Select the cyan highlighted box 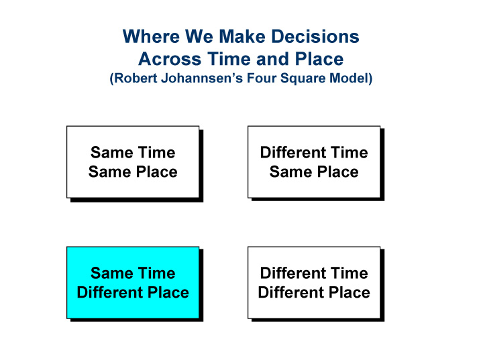click(x=133, y=282)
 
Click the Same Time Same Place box click(x=133, y=162)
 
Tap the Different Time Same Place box click(x=314, y=162)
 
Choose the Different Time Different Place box click(x=314, y=282)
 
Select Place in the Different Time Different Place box click(x=345, y=293)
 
